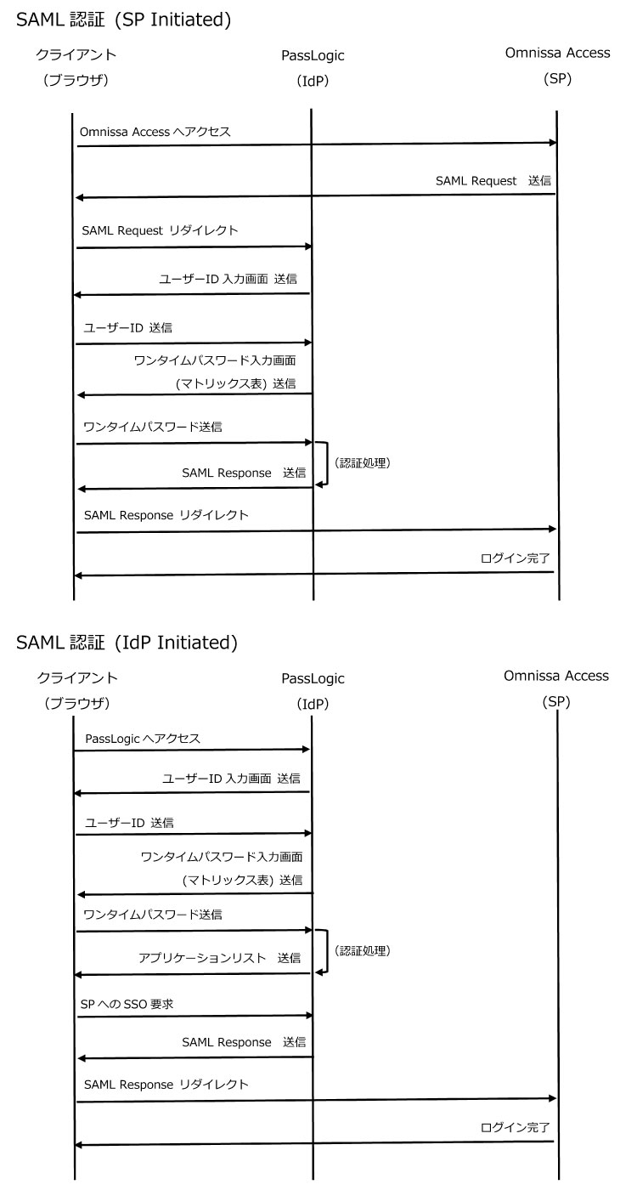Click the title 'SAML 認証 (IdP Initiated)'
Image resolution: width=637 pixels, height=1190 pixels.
(x=127, y=643)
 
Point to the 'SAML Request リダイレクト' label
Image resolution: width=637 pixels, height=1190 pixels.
(x=161, y=230)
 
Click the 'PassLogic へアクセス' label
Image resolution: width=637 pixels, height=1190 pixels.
(x=144, y=739)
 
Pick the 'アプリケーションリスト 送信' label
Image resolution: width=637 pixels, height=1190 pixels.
(x=219, y=957)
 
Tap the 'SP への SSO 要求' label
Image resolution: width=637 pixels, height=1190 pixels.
(x=127, y=1005)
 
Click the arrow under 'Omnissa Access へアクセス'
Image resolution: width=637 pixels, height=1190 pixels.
(x=316, y=145)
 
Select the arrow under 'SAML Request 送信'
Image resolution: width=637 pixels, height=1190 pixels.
(x=316, y=196)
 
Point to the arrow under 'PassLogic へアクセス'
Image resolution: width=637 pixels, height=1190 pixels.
(x=192, y=750)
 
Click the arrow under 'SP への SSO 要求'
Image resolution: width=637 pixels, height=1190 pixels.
(x=194, y=1016)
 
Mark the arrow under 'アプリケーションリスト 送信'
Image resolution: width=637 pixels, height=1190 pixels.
(x=194, y=974)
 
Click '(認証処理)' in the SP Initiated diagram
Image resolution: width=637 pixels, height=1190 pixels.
(x=362, y=464)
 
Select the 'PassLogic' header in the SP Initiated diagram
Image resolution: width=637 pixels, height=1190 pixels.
(x=313, y=55)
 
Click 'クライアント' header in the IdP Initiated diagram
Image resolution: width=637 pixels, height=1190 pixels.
(x=77, y=677)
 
